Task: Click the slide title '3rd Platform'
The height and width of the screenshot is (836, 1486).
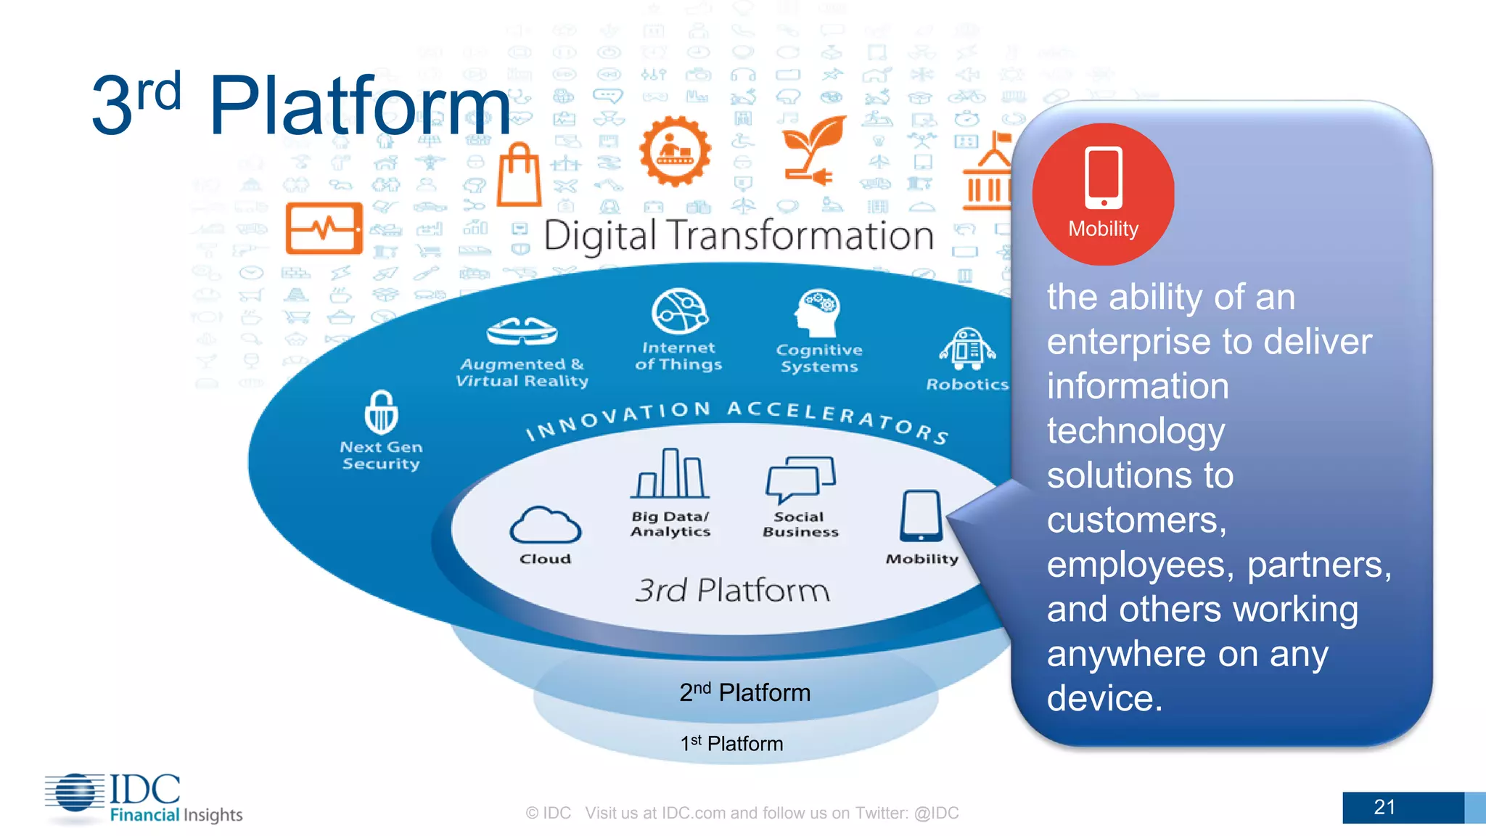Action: point(301,105)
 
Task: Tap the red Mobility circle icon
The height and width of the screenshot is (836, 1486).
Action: point(1103,193)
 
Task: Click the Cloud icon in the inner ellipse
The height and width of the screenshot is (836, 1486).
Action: point(546,525)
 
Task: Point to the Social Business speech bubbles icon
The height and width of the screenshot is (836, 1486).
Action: point(800,479)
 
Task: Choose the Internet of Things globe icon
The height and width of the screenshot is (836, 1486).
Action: point(679,311)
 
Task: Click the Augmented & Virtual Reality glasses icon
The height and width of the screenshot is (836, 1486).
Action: point(522,332)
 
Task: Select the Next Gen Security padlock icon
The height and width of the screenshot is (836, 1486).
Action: point(381,412)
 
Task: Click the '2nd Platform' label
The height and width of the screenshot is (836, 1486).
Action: point(744,692)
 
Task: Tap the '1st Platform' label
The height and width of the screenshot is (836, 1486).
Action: point(731,744)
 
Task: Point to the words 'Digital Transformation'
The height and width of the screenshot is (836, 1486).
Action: point(739,236)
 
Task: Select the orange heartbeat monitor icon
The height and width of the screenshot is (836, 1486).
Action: point(324,228)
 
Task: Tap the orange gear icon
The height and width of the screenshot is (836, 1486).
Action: point(675,151)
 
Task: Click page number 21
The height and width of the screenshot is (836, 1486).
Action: point(1384,807)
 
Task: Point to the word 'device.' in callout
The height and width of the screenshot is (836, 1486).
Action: point(1104,698)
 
